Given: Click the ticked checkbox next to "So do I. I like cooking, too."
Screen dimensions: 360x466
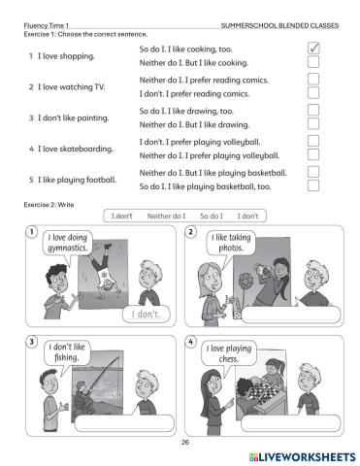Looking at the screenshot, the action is click(x=312, y=48).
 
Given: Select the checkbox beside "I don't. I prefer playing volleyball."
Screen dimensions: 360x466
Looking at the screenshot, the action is click(x=312, y=141).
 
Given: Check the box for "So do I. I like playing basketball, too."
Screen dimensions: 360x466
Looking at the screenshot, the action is click(x=312, y=185).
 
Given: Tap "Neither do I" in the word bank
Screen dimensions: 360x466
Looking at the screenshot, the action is click(x=166, y=216).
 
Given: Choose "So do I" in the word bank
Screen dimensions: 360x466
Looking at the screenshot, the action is click(x=211, y=216).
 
